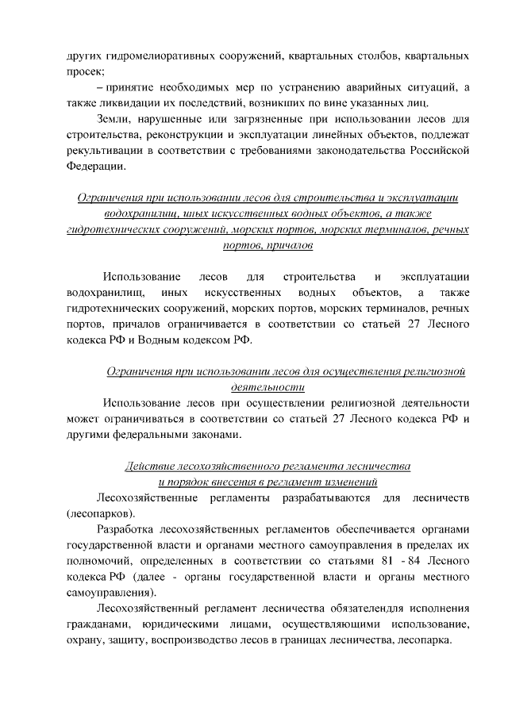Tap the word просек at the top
click(x=84, y=72)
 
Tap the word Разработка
click(x=127, y=529)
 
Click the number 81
click(x=384, y=560)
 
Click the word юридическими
click(x=175, y=624)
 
